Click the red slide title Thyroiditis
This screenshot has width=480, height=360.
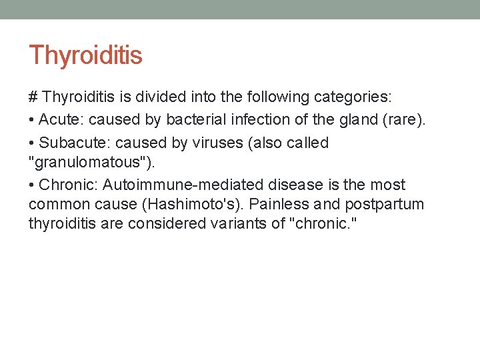[x=85, y=55]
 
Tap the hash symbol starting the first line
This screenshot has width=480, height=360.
[x=33, y=97]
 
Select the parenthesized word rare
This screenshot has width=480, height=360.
[x=403, y=120]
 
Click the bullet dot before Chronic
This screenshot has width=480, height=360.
[x=32, y=185]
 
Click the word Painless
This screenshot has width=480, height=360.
[x=277, y=204]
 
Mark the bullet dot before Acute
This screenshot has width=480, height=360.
[x=32, y=120]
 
